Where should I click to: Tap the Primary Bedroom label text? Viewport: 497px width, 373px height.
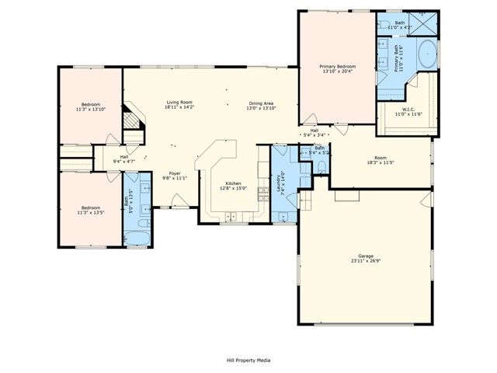click(x=337, y=67)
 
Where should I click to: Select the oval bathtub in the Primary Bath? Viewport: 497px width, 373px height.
click(x=428, y=55)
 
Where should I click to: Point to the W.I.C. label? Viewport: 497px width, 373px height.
click(x=408, y=109)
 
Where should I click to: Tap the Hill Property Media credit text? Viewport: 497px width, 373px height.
click(x=248, y=361)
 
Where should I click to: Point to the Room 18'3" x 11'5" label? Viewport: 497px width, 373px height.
click(x=380, y=159)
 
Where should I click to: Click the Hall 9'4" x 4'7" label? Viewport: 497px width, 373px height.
click(x=123, y=158)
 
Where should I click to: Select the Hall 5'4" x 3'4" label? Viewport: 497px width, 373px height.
click(x=315, y=131)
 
